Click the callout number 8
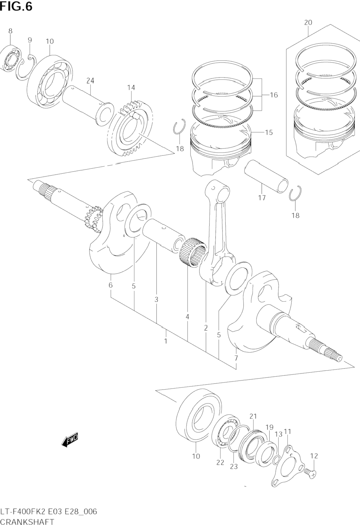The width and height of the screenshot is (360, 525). click(x=10, y=31)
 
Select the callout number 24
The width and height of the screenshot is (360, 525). click(x=90, y=81)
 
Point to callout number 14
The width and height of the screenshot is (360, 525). click(x=131, y=88)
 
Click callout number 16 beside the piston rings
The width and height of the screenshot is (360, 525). click(x=274, y=95)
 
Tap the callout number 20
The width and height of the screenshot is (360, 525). click(x=308, y=23)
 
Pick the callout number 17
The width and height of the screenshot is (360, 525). click(x=262, y=198)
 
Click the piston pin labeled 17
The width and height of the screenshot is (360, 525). click(x=266, y=176)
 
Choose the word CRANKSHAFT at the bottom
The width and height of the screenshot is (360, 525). click(x=27, y=522)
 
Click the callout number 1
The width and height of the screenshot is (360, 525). click(x=166, y=341)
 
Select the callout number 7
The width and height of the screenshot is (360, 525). click(x=236, y=365)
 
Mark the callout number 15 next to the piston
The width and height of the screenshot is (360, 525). click(x=269, y=132)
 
